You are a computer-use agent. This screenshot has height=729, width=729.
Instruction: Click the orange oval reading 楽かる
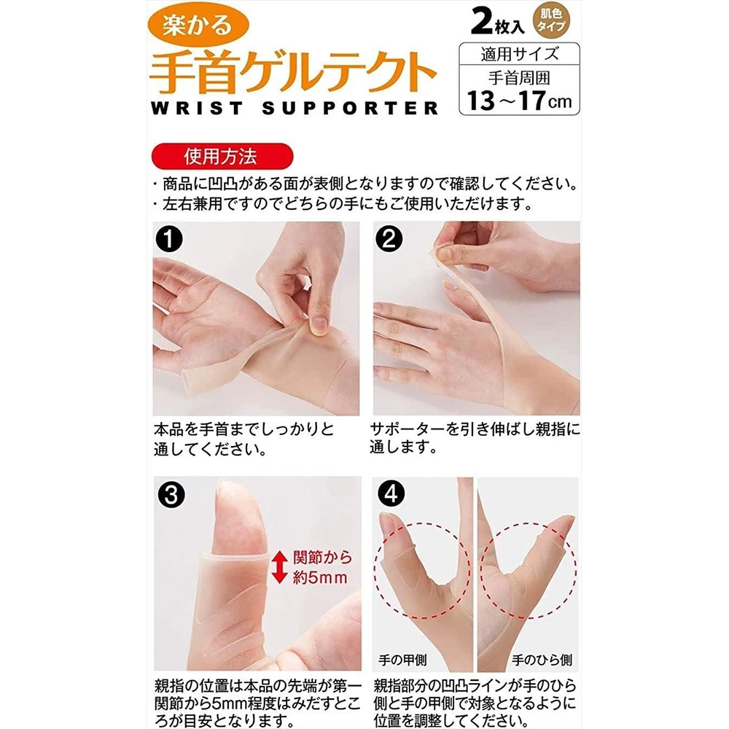tap(198, 25)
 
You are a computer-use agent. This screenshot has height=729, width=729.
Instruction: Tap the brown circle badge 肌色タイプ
tap(551, 20)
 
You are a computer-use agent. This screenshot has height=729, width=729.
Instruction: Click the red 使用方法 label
tap(222, 156)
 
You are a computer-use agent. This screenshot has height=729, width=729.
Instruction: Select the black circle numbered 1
tap(169, 239)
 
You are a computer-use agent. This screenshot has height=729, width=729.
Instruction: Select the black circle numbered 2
tap(389, 239)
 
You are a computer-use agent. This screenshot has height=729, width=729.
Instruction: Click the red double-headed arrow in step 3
tap(279, 566)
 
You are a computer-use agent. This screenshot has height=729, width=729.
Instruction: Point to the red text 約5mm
tap(320, 578)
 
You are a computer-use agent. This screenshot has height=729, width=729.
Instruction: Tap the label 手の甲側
tap(402, 660)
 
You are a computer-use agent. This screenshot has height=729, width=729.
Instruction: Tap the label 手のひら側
tap(542, 660)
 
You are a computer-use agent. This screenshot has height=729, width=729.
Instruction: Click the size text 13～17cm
tap(519, 100)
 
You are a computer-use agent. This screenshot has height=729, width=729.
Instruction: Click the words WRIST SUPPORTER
tap(295, 109)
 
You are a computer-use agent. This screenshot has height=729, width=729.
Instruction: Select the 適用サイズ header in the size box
tap(519, 54)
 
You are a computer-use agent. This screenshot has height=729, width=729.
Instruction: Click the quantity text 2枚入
tap(497, 22)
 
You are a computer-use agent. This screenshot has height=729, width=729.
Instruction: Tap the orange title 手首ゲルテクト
tap(293, 72)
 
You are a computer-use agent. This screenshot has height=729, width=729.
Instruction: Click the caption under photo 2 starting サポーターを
tap(475, 438)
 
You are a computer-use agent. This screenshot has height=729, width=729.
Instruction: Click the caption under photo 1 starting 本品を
tap(243, 439)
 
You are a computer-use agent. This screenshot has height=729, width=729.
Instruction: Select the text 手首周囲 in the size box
tap(519, 78)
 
